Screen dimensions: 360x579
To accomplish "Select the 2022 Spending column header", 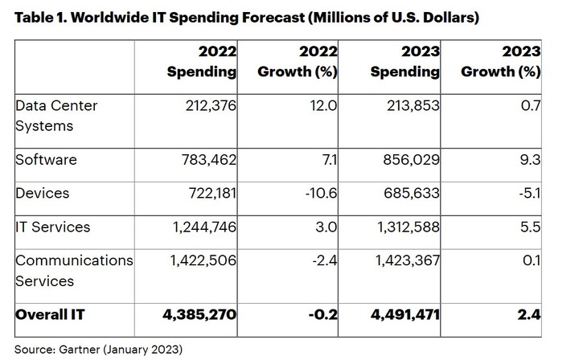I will (x=201, y=62).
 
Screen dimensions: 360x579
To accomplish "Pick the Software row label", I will (x=47, y=160).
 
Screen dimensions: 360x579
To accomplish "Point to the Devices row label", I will (x=43, y=194).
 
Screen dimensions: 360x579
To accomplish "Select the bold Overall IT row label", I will (x=51, y=315).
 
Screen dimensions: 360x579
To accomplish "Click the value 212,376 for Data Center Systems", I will (x=206, y=107).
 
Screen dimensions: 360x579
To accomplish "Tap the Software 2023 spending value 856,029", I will (x=409, y=160).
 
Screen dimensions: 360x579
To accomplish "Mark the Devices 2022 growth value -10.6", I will (x=321, y=194).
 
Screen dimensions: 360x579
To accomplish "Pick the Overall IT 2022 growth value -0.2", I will (x=324, y=315).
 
